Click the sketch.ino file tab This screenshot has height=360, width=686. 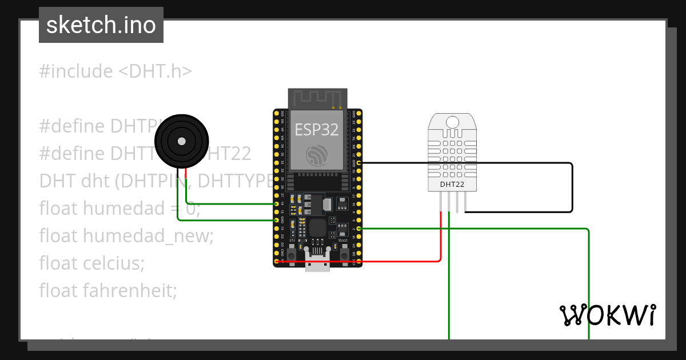pos(101,25)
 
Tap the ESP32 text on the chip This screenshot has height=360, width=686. pos(317,130)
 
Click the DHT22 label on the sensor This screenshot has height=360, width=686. pos(452,184)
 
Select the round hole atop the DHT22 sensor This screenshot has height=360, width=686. pos(452,121)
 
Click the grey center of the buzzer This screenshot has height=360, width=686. pos(181,141)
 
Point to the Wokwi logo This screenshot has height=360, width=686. pos(607,315)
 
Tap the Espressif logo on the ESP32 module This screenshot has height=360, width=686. pos(317,155)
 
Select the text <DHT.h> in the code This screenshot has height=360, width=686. pos(155,71)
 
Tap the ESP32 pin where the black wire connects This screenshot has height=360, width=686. pos(358,163)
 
